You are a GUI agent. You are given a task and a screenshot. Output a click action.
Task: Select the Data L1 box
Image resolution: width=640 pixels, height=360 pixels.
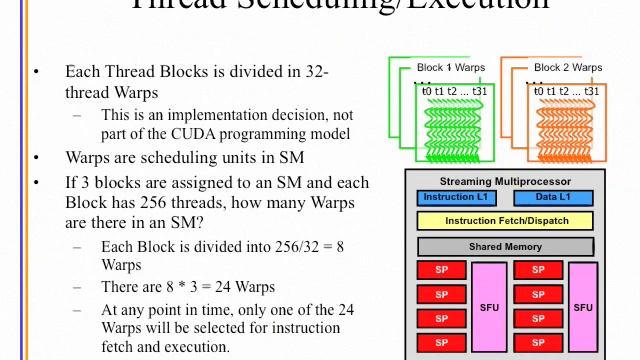click(553, 198)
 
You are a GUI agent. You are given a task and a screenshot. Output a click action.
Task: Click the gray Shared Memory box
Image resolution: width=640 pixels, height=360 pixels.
click(505, 246)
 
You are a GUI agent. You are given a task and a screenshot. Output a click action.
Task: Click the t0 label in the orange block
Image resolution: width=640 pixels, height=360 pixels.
click(541, 92)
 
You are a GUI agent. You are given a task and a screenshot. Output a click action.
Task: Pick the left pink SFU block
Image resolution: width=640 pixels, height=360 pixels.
click(489, 307)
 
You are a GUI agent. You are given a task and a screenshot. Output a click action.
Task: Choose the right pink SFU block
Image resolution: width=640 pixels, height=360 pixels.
click(582, 307)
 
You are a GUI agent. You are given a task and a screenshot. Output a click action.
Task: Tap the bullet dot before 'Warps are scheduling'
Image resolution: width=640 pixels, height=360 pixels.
click(37, 157)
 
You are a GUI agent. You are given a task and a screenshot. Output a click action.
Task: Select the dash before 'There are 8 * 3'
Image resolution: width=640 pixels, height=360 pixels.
click(78, 287)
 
